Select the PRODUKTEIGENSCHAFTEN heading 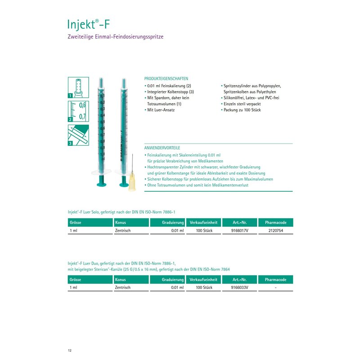[166, 78]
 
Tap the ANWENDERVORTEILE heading [162, 148]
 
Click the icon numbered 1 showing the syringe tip [77, 87]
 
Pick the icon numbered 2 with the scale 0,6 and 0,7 [77, 111]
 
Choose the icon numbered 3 [77, 135]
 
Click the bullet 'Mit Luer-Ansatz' [161, 110]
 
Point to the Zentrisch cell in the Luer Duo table [123, 287]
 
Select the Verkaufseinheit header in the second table [204, 279]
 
